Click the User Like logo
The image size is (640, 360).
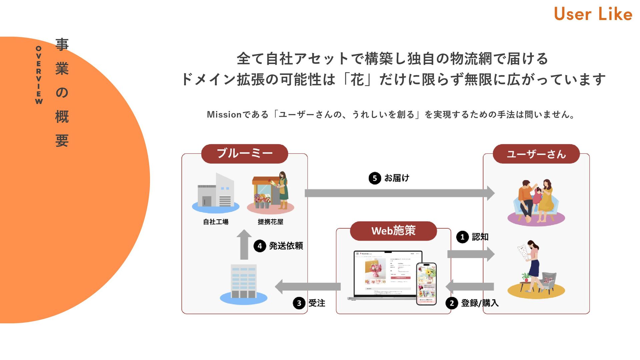coord(593,14)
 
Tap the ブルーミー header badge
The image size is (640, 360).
coord(244,154)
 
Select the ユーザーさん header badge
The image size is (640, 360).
coord(536,154)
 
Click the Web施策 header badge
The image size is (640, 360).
coord(393,231)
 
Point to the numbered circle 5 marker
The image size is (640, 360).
coord(375,178)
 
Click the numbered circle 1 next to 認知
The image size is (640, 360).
coord(462,237)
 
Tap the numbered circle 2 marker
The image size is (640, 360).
coord(452,303)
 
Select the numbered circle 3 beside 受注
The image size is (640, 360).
coord(299,303)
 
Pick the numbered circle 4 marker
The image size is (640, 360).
coord(260,246)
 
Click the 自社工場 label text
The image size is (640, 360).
coord(216,222)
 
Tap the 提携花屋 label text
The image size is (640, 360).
coord(270,222)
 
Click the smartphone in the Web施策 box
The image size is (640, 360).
coord(426,283)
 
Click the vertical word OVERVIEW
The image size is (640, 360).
coord(39,75)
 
